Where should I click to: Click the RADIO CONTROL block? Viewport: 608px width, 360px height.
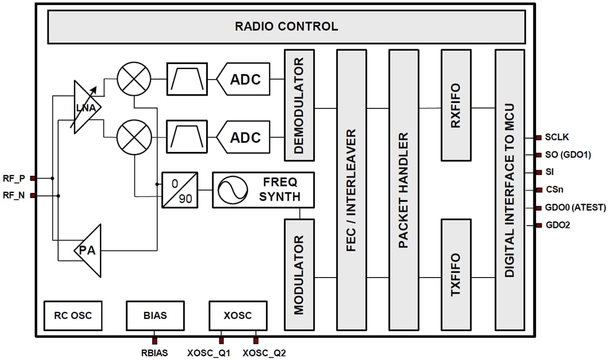pos(286,27)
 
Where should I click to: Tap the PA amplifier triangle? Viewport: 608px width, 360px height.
pos(89,251)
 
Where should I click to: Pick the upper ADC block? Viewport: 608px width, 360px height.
pos(243,79)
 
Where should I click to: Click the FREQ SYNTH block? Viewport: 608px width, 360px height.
pos(263,190)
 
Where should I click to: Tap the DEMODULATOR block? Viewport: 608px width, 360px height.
pos(299,105)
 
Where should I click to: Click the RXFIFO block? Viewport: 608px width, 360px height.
pos(456,105)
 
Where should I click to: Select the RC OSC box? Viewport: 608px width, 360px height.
pos(73,316)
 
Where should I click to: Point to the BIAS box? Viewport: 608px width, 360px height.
pos(155,316)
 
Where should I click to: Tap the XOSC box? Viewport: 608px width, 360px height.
pos(238,316)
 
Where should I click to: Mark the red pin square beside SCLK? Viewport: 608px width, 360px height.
pos(538,138)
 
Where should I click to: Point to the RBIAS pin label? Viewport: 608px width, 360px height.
pos(155,352)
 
